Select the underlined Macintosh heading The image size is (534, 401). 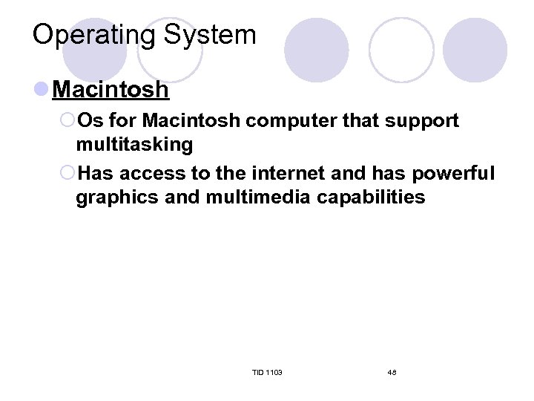coord(111,91)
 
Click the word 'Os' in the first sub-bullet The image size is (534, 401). coord(92,120)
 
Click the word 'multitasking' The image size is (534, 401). coord(134,144)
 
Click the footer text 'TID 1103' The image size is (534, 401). coord(267,372)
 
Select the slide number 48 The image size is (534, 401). coord(392,372)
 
